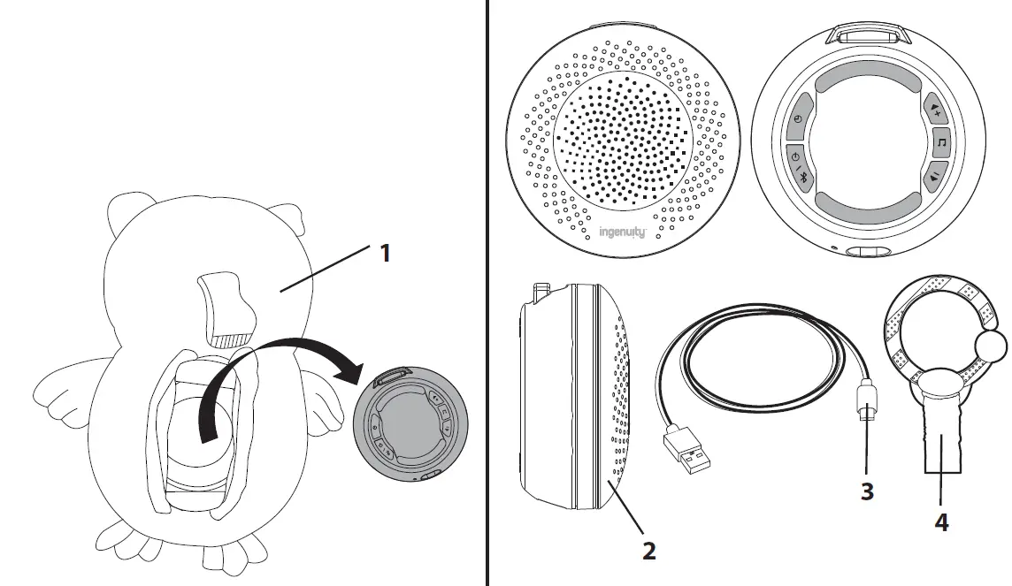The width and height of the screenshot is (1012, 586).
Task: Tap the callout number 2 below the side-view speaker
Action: [648, 551]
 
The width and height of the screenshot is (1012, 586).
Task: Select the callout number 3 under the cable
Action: [867, 491]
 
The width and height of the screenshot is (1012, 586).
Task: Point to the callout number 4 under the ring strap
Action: [941, 522]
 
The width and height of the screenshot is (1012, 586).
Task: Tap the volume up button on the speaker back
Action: [936, 108]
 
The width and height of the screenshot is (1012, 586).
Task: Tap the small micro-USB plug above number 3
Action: [867, 409]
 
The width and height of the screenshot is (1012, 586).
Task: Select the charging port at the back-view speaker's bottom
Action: [866, 254]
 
